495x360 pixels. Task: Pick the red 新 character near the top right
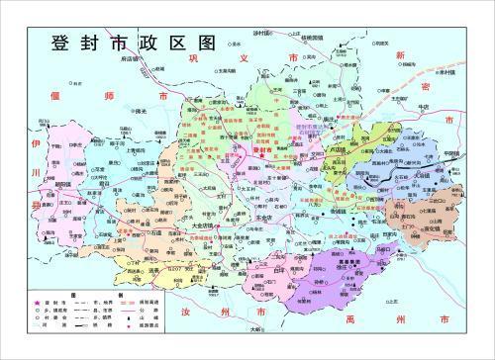tap(400, 55)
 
